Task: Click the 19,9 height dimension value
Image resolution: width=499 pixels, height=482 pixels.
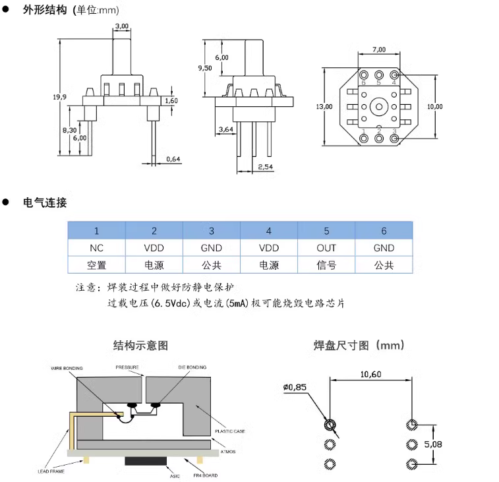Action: click(60, 97)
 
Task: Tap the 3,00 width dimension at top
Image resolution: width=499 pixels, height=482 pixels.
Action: click(122, 26)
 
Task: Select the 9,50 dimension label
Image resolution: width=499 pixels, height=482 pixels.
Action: click(205, 68)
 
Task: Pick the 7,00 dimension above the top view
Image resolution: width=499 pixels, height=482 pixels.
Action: click(379, 50)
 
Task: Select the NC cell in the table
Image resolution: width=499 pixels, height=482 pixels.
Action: click(97, 248)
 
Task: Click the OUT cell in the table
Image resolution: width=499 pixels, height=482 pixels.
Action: click(326, 248)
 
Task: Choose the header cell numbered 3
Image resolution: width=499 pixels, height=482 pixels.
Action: click(212, 231)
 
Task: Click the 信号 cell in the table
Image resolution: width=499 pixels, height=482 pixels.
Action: click(326, 265)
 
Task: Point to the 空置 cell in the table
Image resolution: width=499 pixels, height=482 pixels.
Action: click(97, 265)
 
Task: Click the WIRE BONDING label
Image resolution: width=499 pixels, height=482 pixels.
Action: click(65, 367)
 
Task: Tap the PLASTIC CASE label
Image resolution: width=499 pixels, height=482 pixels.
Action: click(231, 431)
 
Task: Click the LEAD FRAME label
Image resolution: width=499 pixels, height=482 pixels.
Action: click(50, 471)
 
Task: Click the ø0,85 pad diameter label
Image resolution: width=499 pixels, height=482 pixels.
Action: click(295, 388)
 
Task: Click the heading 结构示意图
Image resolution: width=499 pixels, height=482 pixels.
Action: click(140, 345)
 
